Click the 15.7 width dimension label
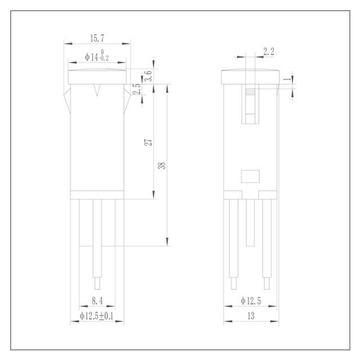[97, 38]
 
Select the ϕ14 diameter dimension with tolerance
[97, 56]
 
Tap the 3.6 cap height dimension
[148, 75]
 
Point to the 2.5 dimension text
[137, 89]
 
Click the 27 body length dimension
[148, 142]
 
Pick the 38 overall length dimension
[162, 165]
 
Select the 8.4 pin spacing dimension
[97, 300]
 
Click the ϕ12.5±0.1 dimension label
[96, 316]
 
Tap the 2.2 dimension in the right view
[269, 52]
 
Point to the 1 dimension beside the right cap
[287, 79]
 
